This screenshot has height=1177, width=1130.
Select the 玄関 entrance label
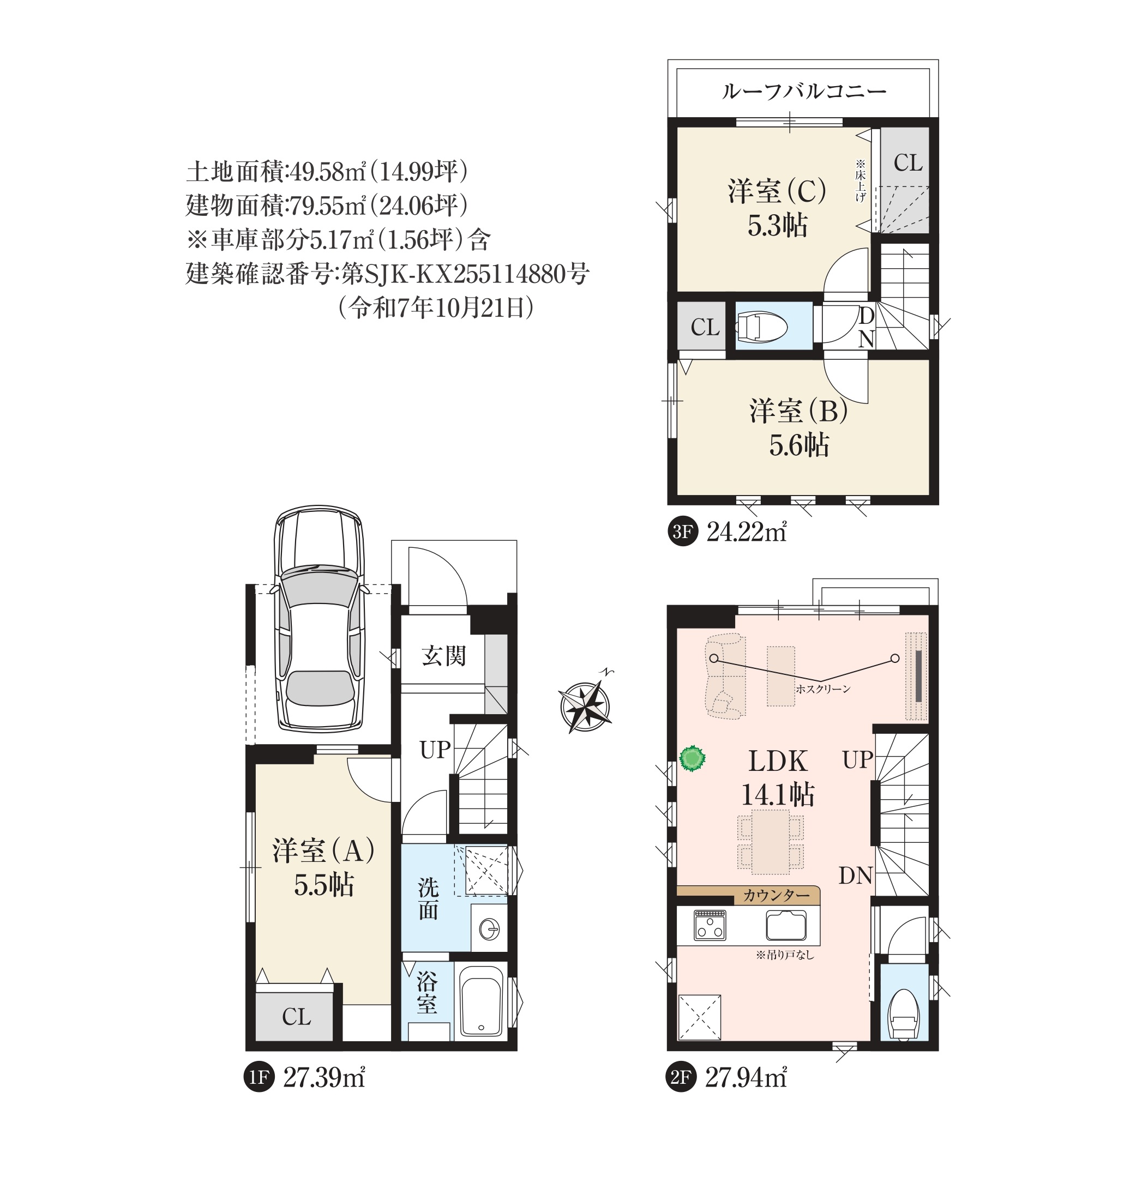tap(443, 656)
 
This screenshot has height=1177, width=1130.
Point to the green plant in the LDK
tap(692, 758)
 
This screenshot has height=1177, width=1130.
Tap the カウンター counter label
tap(776, 896)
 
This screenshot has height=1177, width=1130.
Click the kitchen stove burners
tap(710, 925)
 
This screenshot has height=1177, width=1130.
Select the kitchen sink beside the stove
tap(786, 925)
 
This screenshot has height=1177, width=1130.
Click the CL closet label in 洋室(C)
tap(907, 163)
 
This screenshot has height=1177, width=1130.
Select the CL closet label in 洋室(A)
tap(296, 1017)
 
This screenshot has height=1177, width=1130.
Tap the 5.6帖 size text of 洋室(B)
tap(798, 445)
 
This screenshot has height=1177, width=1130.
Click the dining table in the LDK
tap(770, 841)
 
